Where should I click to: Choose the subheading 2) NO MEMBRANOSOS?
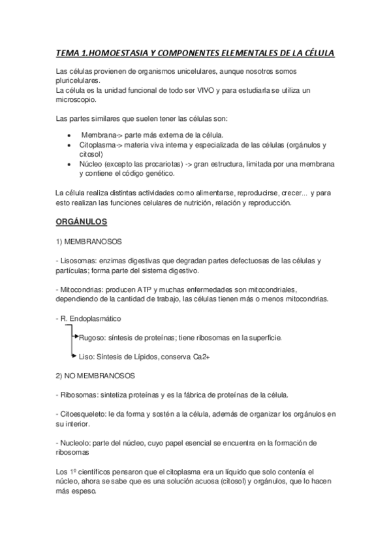[x=95, y=376]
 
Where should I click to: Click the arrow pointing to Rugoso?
[x=74, y=337]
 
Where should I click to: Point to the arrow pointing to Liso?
[x=74, y=357]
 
